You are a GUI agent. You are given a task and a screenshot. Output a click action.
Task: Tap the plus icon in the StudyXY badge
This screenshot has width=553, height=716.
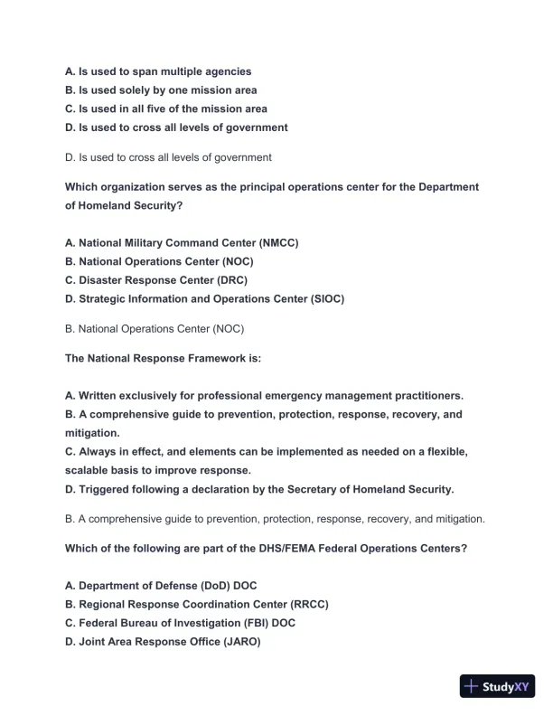(471, 686)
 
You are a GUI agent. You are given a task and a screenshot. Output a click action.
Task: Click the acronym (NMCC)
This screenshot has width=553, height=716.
(278, 243)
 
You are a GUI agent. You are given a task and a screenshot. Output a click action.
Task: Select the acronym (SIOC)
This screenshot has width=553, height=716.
(324, 298)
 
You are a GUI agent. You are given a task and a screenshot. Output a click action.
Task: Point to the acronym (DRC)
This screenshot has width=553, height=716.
(231, 280)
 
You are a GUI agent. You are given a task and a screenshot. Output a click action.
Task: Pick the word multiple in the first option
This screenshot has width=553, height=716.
(181, 71)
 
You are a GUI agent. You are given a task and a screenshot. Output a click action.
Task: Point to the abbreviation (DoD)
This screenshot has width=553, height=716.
(213, 586)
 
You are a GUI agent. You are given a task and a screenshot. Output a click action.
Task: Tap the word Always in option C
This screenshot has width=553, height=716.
(98, 452)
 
